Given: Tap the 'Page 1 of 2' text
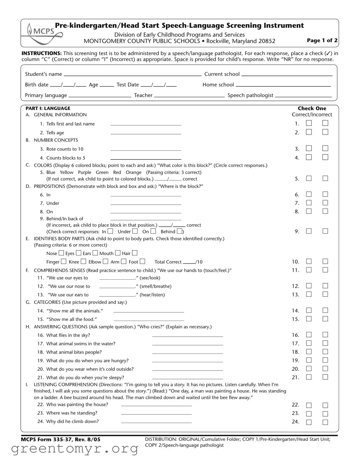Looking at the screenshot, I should point(322,40).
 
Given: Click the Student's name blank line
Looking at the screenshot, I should point(133,74).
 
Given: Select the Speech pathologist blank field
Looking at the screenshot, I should point(303,95).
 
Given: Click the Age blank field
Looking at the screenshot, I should point(107,85).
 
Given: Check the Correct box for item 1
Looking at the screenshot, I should point(309,123).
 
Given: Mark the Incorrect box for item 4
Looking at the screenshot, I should point(325,157).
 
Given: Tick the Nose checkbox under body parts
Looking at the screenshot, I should point(61,253).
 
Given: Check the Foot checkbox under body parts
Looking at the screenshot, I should point(143,261).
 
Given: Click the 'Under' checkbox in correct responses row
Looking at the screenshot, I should point(135,231).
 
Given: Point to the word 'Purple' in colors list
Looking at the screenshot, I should point(85,172).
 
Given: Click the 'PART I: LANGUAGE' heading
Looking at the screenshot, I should point(48,108).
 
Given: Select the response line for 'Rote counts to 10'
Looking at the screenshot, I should point(146,149).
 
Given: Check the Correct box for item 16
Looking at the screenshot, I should point(309,335).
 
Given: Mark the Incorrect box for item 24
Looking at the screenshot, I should point(325,422).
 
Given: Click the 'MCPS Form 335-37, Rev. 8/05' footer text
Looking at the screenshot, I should point(60,439).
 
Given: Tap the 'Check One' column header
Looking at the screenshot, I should point(312,108).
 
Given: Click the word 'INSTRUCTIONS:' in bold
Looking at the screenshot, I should point(42,53).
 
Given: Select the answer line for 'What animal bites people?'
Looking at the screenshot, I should point(187,353).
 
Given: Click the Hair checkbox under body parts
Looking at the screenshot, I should point(135,253).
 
